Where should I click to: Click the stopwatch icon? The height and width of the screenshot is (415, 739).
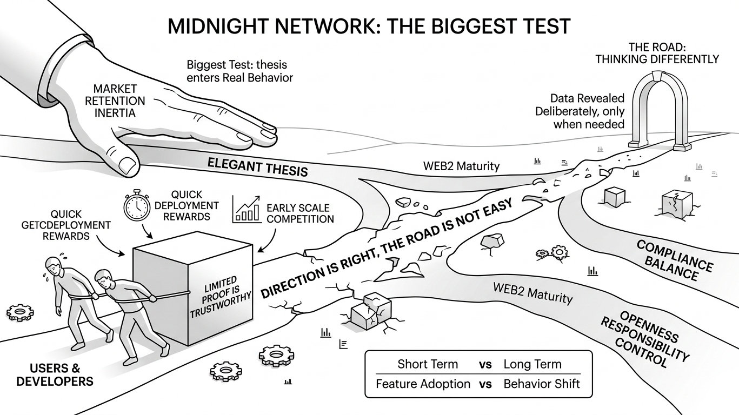(137, 207)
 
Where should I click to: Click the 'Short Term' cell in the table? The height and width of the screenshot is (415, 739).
(428, 364)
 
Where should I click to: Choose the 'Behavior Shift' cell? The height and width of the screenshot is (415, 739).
(542, 384)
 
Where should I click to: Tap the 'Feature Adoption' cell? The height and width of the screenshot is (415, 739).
(423, 384)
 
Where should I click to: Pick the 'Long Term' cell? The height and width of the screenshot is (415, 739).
(532, 364)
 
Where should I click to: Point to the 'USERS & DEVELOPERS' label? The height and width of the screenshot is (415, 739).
(55, 375)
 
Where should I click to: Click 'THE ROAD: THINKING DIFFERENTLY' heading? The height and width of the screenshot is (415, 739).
(657, 53)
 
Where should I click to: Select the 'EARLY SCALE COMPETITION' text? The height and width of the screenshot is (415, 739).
(300, 213)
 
